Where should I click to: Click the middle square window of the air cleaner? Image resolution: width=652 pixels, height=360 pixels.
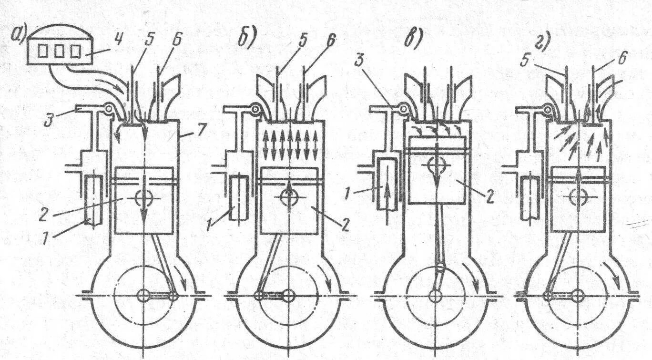point(58,52)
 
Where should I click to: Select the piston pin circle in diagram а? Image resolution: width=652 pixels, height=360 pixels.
point(143,198)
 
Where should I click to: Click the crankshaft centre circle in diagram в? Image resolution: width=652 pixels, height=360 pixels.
point(435,296)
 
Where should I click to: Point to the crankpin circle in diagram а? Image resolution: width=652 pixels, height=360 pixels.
point(173,296)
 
